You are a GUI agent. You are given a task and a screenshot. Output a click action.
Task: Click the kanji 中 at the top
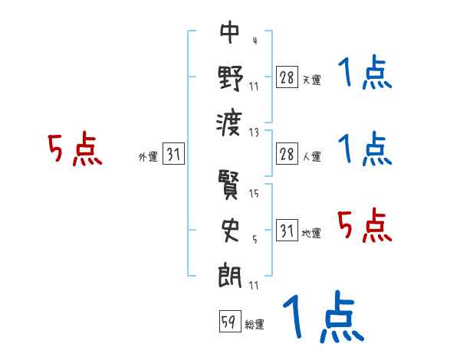230,32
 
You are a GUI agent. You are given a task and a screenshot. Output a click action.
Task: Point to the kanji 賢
230,185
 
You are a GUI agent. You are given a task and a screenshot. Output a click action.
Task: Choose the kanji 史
230,229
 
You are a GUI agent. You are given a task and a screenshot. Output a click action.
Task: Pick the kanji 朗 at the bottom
230,273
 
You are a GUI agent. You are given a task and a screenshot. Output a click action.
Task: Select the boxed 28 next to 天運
287,77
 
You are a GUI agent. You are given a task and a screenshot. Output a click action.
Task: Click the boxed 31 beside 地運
287,230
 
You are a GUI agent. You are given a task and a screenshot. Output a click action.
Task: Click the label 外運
147,157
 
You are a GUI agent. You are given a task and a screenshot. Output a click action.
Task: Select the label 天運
311,80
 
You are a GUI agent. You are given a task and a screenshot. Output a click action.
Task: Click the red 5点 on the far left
75,149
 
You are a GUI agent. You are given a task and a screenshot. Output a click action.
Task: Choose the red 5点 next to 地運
365,227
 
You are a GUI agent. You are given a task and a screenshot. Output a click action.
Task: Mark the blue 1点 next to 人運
365,149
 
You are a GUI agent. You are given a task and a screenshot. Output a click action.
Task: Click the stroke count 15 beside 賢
254,194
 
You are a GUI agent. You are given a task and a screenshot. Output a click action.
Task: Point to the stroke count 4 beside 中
254,41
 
